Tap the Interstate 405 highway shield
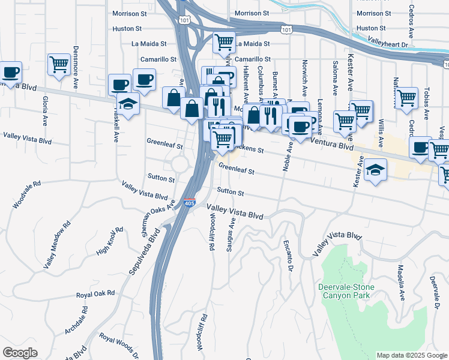click(x=190, y=204)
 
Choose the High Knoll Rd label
click(x=109, y=240)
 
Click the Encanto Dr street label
click(x=289, y=259)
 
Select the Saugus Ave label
click(x=230, y=235)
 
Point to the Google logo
click(x=20, y=353)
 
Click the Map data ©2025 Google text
click(x=411, y=355)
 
